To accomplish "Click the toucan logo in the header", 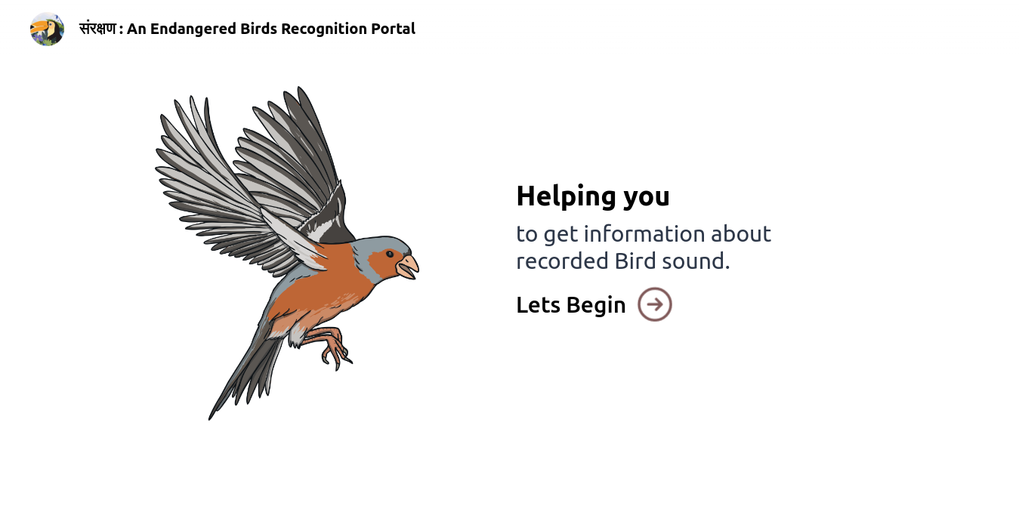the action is (47, 29).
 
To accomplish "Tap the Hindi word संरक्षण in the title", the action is (97, 29).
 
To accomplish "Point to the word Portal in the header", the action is (393, 29).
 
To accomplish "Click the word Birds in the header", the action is (258, 29).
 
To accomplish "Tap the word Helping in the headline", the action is (567, 197).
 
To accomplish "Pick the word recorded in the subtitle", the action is (562, 261).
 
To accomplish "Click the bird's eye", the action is (390, 255).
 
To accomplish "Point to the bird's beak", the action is (408, 267).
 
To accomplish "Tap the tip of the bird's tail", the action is (210, 418).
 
